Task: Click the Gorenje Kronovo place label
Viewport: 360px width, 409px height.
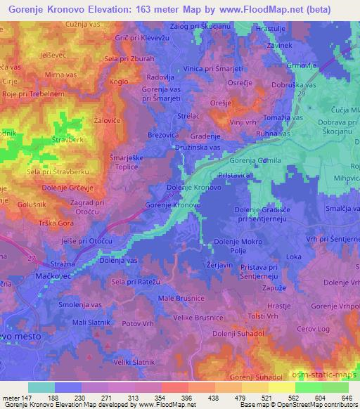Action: (x=173, y=204)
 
